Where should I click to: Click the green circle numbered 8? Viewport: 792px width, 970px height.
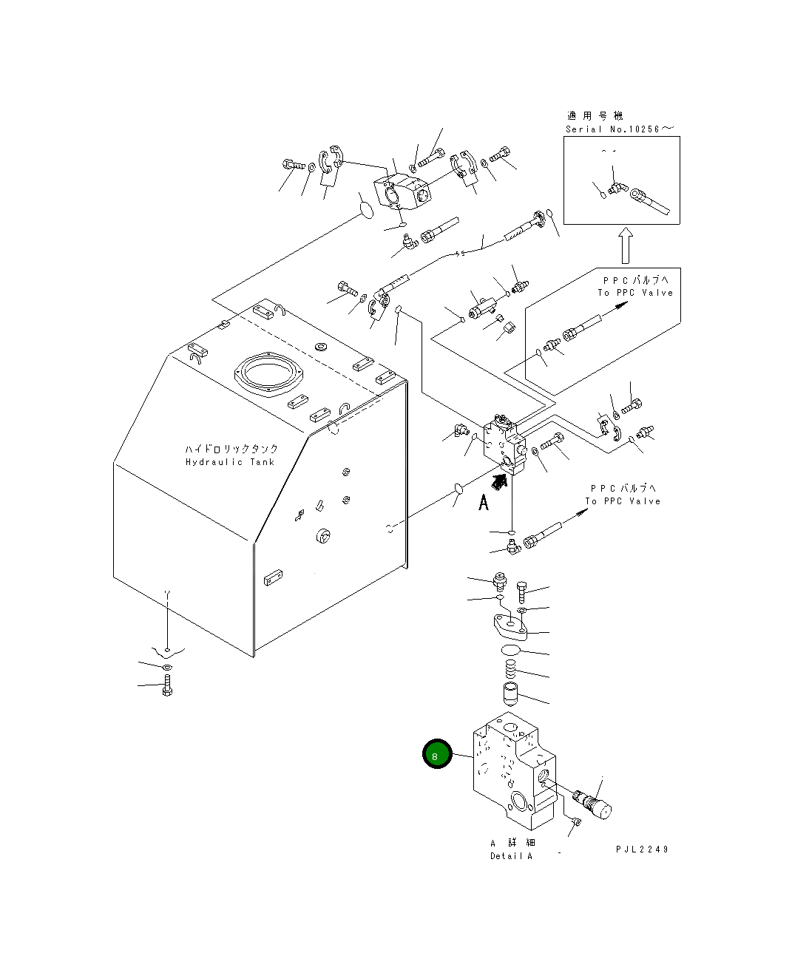pyautogui.click(x=436, y=755)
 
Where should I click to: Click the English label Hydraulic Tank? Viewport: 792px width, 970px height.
pyautogui.click(x=229, y=462)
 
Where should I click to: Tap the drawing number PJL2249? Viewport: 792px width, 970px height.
pyautogui.click(x=642, y=849)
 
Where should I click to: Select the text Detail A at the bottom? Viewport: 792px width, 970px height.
pyautogui.click(x=511, y=856)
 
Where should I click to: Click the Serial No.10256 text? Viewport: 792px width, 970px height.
pyautogui.click(x=620, y=129)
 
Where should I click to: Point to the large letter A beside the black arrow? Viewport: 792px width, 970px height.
pyautogui.click(x=484, y=503)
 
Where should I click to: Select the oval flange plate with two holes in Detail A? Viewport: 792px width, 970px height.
pyautogui.click(x=509, y=625)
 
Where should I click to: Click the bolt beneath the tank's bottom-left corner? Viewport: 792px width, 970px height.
pyautogui.click(x=167, y=687)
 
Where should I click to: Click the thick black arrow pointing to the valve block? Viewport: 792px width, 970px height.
pyautogui.click(x=500, y=482)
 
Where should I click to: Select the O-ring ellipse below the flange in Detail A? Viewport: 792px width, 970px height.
pyautogui.click(x=510, y=650)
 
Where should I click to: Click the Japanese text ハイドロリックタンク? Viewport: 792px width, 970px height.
pyautogui.click(x=231, y=449)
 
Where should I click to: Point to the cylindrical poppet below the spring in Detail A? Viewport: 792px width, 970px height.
pyautogui.click(x=510, y=694)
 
